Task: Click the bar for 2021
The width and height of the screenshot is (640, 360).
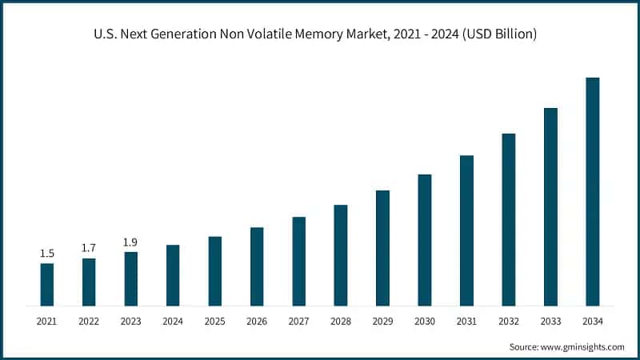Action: [x=47, y=284]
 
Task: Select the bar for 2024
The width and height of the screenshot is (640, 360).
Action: [x=173, y=275]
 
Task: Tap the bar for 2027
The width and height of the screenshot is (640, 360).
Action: [x=298, y=261]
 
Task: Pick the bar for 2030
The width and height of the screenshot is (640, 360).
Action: [x=425, y=240]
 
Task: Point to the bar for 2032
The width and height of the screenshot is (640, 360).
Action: [x=509, y=219]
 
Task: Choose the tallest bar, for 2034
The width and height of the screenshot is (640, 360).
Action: [x=593, y=192]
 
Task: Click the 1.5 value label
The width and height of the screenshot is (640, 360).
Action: [x=47, y=254]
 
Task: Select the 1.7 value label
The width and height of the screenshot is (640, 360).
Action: [x=89, y=248]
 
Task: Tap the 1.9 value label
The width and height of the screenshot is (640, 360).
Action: [x=130, y=242]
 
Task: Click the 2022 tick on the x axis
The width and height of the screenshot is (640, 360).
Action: [x=89, y=321]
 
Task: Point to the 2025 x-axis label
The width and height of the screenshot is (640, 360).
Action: [x=214, y=321]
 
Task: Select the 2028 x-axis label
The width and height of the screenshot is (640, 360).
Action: [x=341, y=321]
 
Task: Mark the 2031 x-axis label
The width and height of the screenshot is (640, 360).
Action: [x=466, y=321]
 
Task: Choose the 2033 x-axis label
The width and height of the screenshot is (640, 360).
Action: [x=550, y=321]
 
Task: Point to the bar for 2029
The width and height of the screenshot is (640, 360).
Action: [x=382, y=248]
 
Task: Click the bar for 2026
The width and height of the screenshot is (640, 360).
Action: [x=257, y=266]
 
